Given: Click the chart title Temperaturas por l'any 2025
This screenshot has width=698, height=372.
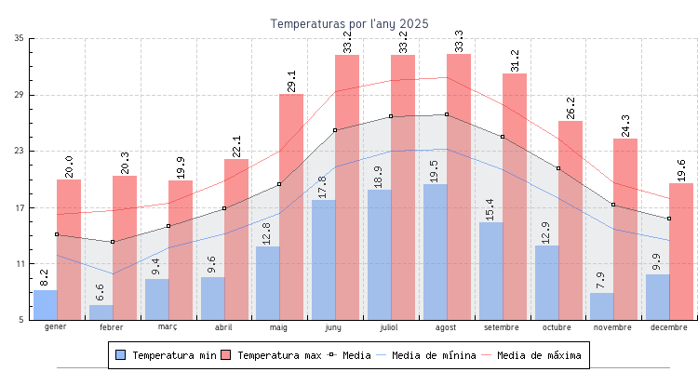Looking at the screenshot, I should [x=349, y=23].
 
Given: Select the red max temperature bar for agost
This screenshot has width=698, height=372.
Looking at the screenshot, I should [x=459, y=186].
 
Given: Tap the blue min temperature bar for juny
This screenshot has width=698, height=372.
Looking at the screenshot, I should [x=324, y=260].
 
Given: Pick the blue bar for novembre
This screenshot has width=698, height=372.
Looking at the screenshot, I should [x=602, y=307].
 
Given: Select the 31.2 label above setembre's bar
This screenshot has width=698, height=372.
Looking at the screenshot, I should [x=516, y=60].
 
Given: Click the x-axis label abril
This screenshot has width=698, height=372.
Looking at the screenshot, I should [x=223, y=327].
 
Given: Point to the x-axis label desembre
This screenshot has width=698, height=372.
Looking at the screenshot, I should [x=669, y=327].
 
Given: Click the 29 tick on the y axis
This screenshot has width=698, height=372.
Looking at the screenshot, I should [x=20, y=95].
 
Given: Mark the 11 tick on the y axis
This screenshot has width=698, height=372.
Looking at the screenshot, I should [x=20, y=264].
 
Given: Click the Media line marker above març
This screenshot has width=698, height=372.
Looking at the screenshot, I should [x=168, y=226].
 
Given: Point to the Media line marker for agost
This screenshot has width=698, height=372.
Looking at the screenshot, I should [x=447, y=114].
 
